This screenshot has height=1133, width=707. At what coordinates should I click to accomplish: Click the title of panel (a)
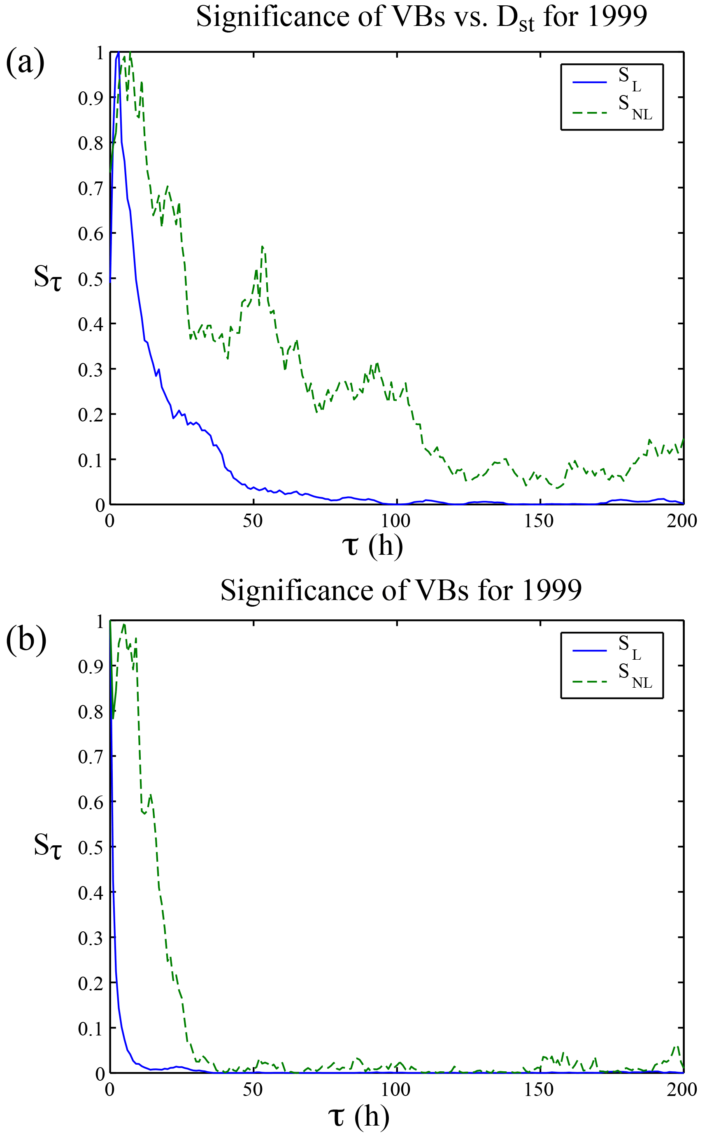coord(421,18)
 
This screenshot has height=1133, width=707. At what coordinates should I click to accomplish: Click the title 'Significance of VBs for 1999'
coord(401,590)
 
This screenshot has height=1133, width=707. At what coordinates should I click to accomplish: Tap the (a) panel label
coord(25,63)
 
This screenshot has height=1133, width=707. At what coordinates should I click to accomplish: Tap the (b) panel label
coord(26,639)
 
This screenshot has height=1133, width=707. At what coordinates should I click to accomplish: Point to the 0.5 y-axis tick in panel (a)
coord(91,279)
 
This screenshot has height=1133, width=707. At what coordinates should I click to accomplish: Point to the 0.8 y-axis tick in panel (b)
coord(91,712)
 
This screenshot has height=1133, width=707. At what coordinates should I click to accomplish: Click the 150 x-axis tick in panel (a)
coord(539,521)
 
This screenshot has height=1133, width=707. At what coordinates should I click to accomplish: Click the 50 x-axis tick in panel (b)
coord(253,1089)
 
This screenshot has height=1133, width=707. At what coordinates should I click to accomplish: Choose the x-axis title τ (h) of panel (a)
coord(373,545)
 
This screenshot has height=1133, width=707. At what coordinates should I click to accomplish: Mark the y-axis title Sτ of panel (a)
coord(47,279)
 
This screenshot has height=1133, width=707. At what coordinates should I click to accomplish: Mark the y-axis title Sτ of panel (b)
coord(47,847)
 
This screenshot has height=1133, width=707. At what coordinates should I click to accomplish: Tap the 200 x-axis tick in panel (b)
coord(682,1089)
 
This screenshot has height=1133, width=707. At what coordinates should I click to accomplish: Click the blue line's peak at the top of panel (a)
coord(118,53)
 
